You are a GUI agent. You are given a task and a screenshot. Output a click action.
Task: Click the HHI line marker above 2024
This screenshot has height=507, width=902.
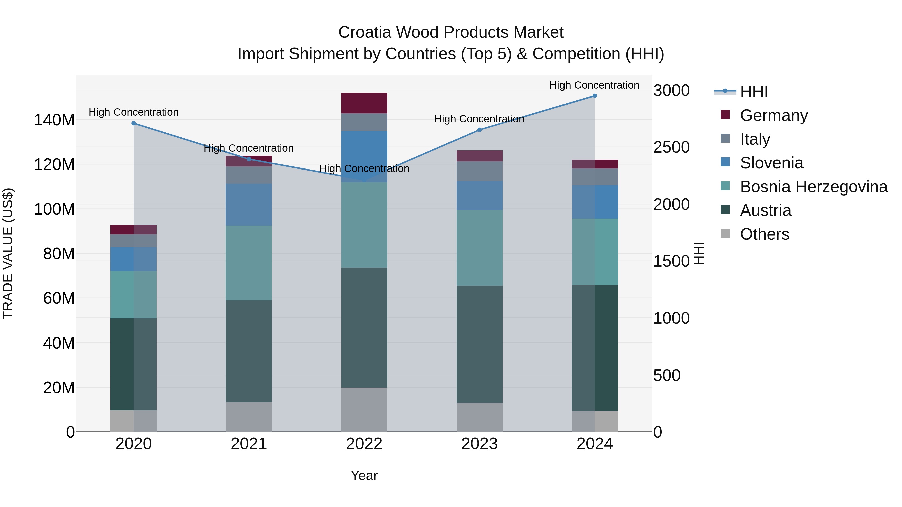[595, 96]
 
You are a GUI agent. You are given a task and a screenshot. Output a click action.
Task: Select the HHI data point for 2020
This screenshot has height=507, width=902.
[133, 123]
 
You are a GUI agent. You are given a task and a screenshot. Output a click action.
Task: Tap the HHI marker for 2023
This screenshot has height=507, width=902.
[479, 130]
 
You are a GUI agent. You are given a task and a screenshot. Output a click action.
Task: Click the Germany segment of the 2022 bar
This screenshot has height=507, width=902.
[364, 103]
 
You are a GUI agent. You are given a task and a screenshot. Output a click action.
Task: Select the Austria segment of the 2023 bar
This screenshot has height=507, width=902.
[479, 344]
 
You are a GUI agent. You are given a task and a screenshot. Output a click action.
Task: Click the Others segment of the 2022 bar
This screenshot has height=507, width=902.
[364, 409]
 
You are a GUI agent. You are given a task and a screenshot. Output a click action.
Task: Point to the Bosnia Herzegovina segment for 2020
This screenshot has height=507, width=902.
[133, 295]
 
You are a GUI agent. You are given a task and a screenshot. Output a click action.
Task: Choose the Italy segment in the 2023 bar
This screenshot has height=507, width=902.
[479, 171]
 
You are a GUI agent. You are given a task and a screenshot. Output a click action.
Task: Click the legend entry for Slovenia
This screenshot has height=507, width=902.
[771, 163]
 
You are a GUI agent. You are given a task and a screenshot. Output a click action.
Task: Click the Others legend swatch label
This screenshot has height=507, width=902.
[764, 234]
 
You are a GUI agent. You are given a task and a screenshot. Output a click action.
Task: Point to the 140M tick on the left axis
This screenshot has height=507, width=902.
[54, 120]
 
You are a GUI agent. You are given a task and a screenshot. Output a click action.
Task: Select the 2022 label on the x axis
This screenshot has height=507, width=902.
[364, 444]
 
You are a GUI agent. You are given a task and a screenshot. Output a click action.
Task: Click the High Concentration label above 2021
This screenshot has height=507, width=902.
[249, 148]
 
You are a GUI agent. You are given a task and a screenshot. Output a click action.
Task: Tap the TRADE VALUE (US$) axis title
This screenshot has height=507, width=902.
[8, 253]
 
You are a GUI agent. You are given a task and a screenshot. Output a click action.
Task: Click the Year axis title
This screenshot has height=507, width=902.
[364, 475]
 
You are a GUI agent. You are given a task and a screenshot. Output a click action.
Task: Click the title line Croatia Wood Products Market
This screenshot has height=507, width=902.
[451, 32]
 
